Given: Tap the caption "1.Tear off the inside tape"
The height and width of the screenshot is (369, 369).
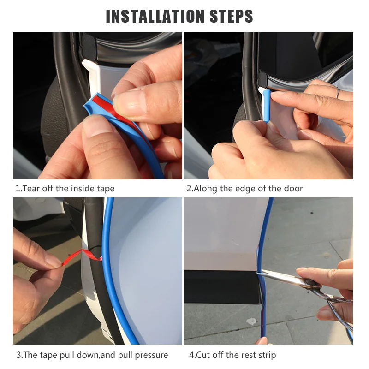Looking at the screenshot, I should [x=65, y=188].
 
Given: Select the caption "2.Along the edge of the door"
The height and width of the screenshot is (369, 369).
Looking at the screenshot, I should [x=244, y=188].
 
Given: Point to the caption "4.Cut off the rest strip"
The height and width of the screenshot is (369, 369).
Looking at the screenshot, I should [x=232, y=355].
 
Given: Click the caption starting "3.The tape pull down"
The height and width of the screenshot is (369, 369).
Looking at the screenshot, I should [x=92, y=355].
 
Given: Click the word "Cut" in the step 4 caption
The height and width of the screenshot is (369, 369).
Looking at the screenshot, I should [x=202, y=355].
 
